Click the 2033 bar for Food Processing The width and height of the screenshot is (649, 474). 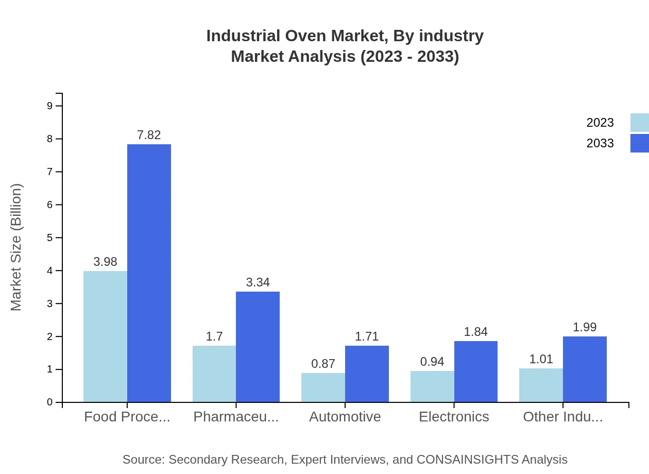coord(149,273)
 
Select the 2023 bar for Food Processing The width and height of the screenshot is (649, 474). coord(105,336)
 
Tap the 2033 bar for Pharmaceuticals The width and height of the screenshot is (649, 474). coord(258,347)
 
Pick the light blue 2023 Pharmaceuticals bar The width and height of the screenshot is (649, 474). coord(214,374)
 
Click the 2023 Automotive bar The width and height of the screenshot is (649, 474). coord(323,387)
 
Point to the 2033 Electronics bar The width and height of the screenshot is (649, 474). coord(476,371)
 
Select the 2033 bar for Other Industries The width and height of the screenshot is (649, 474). coord(585,369)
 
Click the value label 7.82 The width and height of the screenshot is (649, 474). coord(149,135)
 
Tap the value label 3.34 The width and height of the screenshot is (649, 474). coord(258,282)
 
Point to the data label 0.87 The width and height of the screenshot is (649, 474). coord(323,364)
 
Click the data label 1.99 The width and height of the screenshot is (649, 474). coord(585,327)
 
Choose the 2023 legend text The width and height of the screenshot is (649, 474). coord(600,123)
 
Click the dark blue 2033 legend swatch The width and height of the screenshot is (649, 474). coord(639,143)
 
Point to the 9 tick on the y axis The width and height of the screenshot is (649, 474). coord(49,106)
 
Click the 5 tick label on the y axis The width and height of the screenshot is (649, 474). coord(49,238)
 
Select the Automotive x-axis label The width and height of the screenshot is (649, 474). coord(345,417)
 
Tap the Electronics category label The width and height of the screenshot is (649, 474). coord(454,417)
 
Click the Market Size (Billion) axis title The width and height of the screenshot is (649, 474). coord(16,247)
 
